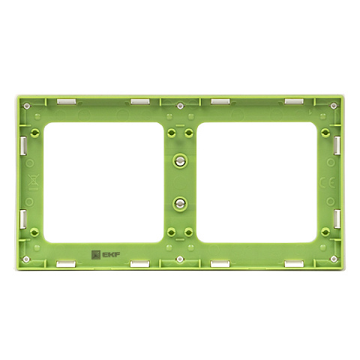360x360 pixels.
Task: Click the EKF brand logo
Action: pyautogui.click(x=106, y=255)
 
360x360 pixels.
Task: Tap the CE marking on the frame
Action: pyautogui.click(x=327, y=184)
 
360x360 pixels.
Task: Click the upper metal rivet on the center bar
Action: pyautogui.click(x=179, y=161)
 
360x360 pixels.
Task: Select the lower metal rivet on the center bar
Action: pyautogui.click(x=179, y=203)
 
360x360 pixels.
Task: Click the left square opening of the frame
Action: pyautogui.click(x=103, y=182)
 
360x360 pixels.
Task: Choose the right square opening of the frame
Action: pyautogui.click(x=256, y=182)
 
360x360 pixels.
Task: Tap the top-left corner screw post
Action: pyautogui.click(x=27, y=106)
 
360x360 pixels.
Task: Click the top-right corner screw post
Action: pyautogui.click(x=334, y=106)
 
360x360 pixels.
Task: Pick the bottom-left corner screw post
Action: pyautogui.click(x=26, y=259)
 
